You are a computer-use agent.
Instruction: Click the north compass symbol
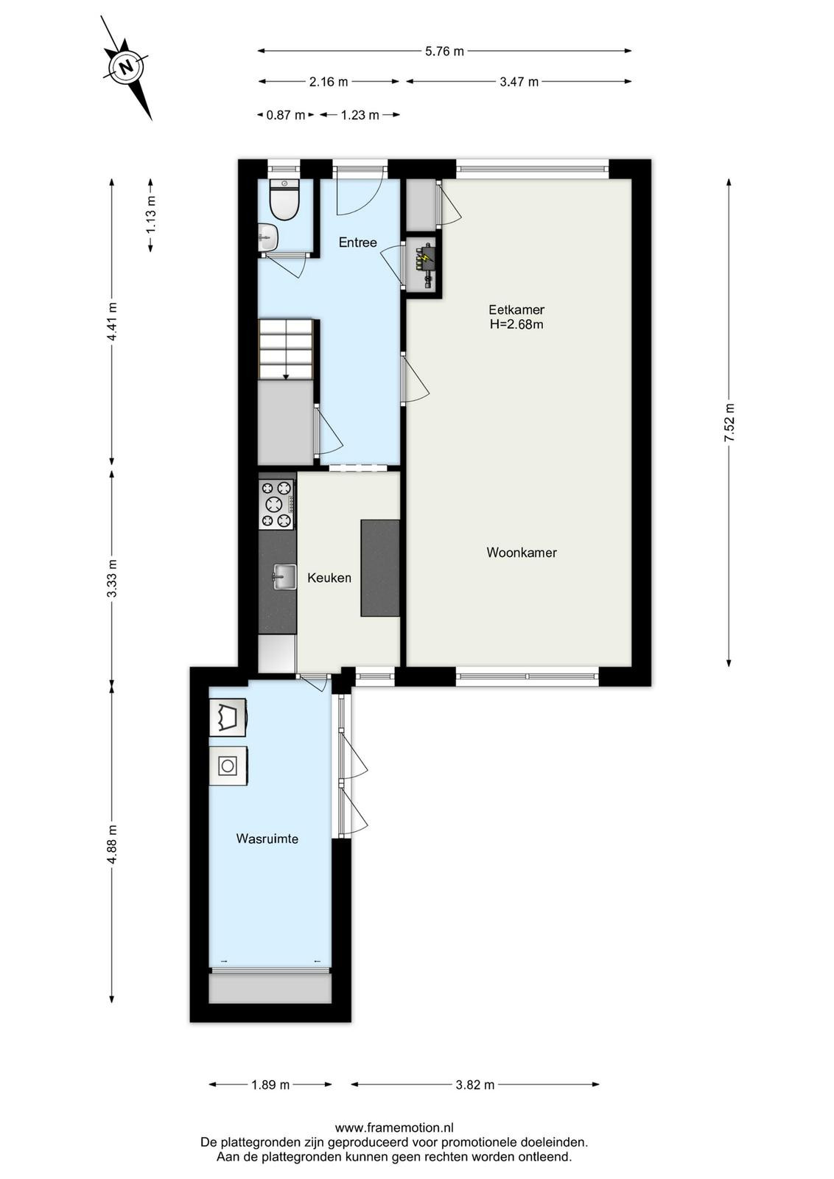[x=126, y=68]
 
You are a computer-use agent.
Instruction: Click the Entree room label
[x=358, y=242]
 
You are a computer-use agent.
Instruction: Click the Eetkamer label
[x=516, y=309]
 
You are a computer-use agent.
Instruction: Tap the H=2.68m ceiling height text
[x=516, y=324]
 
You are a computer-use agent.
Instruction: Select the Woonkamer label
[x=522, y=552]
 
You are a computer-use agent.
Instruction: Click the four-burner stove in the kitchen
[x=277, y=504]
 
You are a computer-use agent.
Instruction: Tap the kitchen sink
[x=284, y=577]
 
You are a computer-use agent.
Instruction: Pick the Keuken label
[x=329, y=578]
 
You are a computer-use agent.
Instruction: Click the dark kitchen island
[x=380, y=567]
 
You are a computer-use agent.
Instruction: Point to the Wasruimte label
[x=267, y=839]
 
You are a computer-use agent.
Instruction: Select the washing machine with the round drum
[x=228, y=766]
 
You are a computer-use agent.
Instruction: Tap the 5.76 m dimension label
[x=444, y=51]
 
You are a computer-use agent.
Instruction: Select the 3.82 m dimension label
[x=475, y=1084]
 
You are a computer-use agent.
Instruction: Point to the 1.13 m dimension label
[x=151, y=215]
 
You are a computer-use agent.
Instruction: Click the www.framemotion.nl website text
[x=394, y=1127]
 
